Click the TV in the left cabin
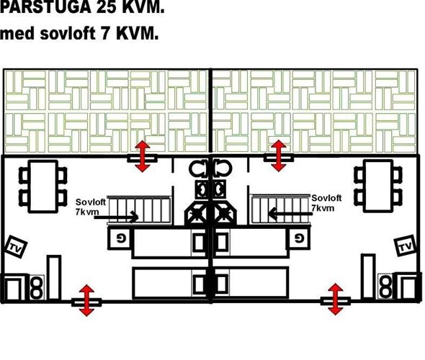pyautogui.click(x=16, y=247)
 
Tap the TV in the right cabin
pyautogui.click(x=406, y=246)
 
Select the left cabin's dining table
pyautogui.click(x=43, y=186)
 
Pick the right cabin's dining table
pyautogui.click(x=378, y=186)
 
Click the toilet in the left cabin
pyautogui.click(x=199, y=168)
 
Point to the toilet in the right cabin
pyautogui.click(x=223, y=168)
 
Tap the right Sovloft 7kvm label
pyautogui.click(x=326, y=203)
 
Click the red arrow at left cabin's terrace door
pyautogui.click(x=143, y=156)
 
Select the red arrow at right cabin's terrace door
pyautogui.click(x=279, y=156)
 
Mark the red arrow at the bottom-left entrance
pyautogui.click(x=86, y=300)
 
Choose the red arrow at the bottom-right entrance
pyautogui.click(x=336, y=299)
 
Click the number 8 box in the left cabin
pyautogui.click(x=37, y=287)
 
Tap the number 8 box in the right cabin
pyautogui.click(x=385, y=287)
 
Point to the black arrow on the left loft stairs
pyautogui.click(x=116, y=217)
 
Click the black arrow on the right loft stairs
pyautogui.click(x=290, y=213)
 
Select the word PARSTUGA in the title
pyautogui.click(x=45, y=7)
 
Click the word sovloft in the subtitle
pyautogui.click(x=68, y=34)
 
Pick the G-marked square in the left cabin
pyautogui.click(x=120, y=238)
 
